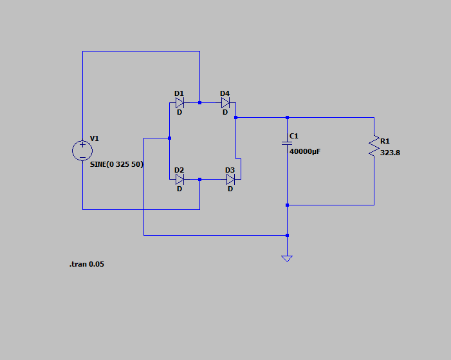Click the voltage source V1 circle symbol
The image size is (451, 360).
click(x=82, y=150)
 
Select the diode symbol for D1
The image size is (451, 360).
click(x=179, y=102)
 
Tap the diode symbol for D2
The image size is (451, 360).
click(x=179, y=180)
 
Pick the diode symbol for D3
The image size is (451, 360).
click(x=231, y=180)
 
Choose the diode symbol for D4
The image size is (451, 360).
click(x=225, y=102)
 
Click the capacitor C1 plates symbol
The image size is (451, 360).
click(x=287, y=143)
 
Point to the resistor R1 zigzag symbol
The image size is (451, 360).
click(x=374, y=146)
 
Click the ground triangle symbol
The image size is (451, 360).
click(x=287, y=259)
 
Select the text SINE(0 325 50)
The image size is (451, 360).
click(x=116, y=164)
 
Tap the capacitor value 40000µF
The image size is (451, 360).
click(x=305, y=151)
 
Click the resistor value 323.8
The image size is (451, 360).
click(x=390, y=153)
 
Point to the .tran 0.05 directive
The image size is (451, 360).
click(x=87, y=264)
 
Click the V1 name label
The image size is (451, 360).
click(x=95, y=138)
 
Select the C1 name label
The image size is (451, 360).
click(x=293, y=136)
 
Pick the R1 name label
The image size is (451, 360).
click(x=385, y=141)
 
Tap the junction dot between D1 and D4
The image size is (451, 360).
click(x=199, y=102)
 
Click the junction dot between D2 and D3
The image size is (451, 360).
click(x=199, y=180)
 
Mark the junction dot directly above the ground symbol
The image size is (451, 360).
click(x=287, y=235)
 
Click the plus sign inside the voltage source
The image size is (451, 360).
click(x=82, y=144)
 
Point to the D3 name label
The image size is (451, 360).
click(x=230, y=170)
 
